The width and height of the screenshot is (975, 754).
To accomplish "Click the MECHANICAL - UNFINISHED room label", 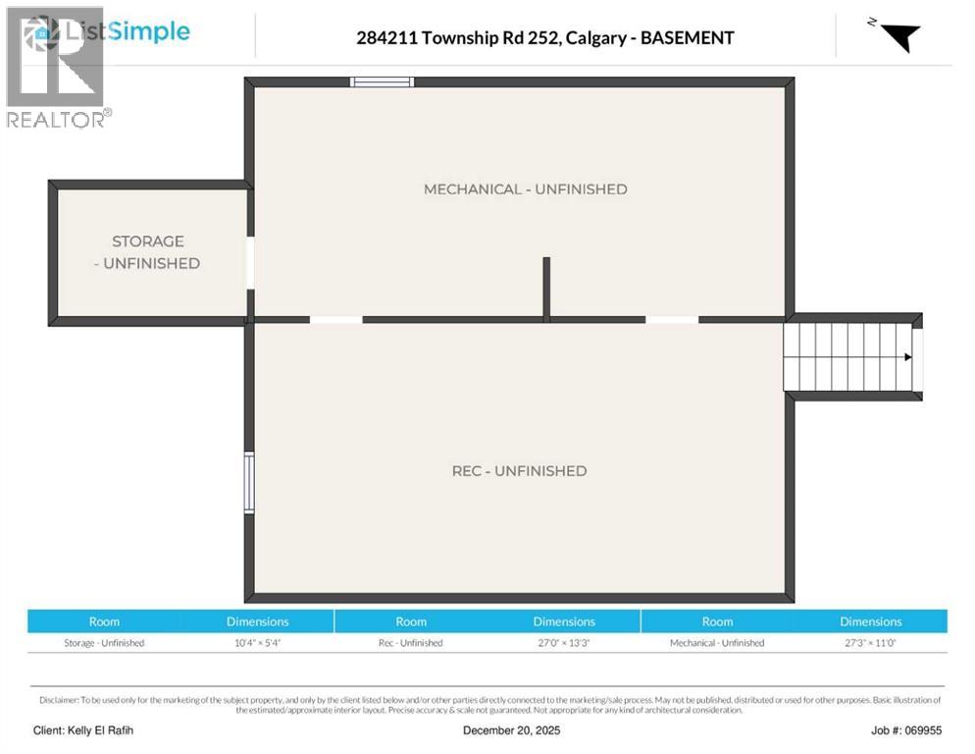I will pos(525,189).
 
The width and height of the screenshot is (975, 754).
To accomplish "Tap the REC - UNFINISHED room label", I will pos(519,471).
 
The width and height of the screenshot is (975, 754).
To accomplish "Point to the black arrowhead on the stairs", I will pos(908,357).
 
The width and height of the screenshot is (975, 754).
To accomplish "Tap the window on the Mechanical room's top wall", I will pos(383,82).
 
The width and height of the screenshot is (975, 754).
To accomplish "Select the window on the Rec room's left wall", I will pos(249,482).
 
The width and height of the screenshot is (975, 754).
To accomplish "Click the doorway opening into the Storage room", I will pos(250,263).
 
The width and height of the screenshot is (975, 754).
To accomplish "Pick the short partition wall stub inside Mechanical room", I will pos(546,288).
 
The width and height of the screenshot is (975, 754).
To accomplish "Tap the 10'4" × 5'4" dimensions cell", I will pos(258,643).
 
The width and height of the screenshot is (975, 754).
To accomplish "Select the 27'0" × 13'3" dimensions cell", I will pos(564,643).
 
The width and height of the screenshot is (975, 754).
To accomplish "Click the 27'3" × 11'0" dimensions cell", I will pos(870,643).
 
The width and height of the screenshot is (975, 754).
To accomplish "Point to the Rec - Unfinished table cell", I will pos(411,643).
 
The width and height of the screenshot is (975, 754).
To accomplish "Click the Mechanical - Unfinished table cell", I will pos(717,643).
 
